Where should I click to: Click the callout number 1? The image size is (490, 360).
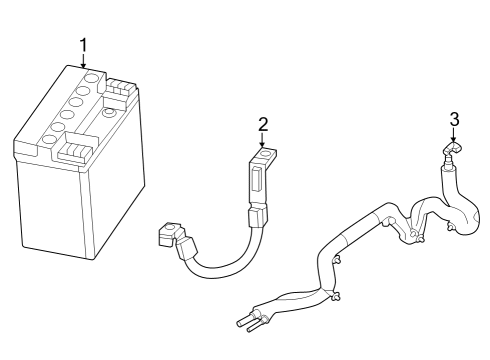[84, 44]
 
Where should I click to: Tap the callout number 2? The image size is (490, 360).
[263, 124]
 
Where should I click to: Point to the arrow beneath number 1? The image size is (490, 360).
[84, 61]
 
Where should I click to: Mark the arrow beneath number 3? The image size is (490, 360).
[453, 136]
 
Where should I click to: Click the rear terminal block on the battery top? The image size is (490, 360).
[118, 91]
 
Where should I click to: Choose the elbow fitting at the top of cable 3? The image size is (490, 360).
[451, 152]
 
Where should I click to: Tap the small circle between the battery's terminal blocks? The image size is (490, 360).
[99, 123]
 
